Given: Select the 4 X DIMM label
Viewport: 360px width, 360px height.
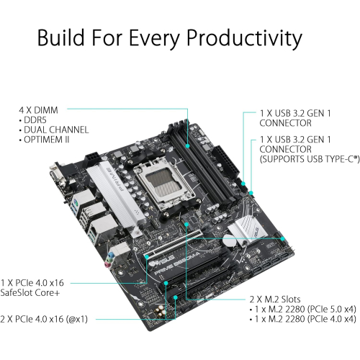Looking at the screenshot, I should coord(40,109).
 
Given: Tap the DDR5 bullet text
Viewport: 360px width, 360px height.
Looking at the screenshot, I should coord(36,120).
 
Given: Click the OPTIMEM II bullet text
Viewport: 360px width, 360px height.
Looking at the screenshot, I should coord(48,140).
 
